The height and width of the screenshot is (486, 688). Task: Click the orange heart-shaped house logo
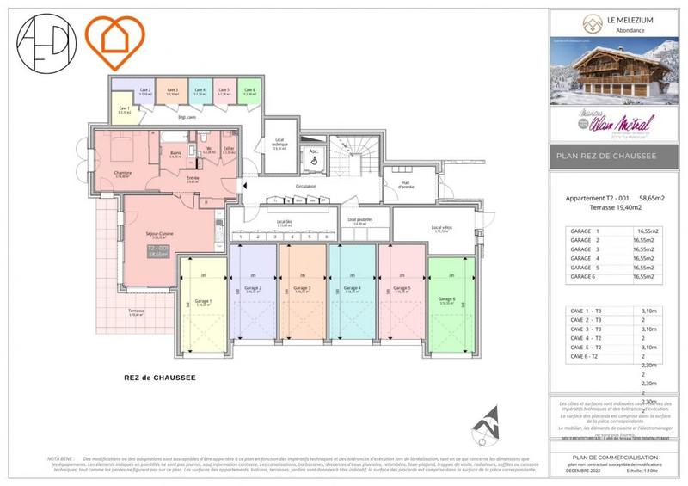(118, 36)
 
